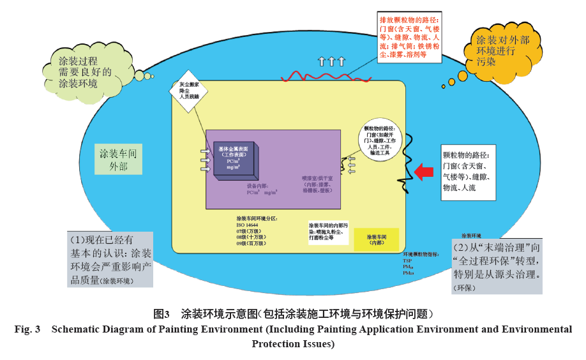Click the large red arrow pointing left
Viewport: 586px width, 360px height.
tap(423, 172)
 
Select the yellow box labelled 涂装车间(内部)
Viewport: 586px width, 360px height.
tap(377, 240)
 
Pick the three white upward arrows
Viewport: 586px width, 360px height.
tap(331, 61)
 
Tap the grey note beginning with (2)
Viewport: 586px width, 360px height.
tap(497, 267)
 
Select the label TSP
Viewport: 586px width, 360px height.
tap(407, 260)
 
